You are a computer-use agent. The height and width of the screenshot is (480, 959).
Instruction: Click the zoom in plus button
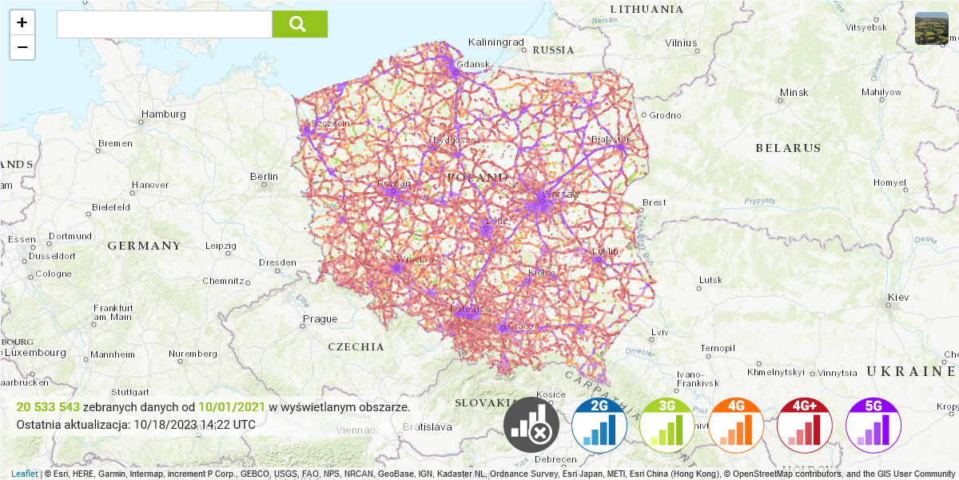(x=22, y=22)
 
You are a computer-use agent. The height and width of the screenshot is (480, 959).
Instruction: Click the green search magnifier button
(x=300, y=24)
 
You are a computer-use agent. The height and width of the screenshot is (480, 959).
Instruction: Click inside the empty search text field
(x=164, y=24)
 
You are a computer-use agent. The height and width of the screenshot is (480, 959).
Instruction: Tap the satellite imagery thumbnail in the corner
(x=931, y=29)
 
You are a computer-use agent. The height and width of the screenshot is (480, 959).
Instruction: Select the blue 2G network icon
(x=599, y=426)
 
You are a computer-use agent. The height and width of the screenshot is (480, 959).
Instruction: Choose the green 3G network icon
(x=667, y=426)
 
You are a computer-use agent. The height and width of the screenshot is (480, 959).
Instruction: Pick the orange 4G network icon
(x=736, y=426)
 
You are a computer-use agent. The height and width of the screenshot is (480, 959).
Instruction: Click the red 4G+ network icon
(x=805, y=426)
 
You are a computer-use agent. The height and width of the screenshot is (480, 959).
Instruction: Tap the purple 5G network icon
(x=873, y=426)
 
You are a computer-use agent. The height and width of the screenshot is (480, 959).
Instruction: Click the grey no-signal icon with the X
(x=531, y=426)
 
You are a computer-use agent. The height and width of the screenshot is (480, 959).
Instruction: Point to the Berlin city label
(x=264, y=177)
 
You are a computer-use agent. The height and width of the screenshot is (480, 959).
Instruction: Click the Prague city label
(x=320, y=319)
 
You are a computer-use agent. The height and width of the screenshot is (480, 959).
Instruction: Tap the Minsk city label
(x=794, y=93)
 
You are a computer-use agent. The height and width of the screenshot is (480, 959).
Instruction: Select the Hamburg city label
(x=163, y=114)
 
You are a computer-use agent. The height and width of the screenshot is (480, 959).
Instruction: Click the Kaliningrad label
(x=495, y=42)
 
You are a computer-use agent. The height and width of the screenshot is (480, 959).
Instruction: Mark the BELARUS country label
(x=788, y=148)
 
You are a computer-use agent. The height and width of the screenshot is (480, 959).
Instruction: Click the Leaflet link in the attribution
(x=25, y=474)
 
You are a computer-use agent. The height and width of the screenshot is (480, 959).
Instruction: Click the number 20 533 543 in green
(x=48, y=407)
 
